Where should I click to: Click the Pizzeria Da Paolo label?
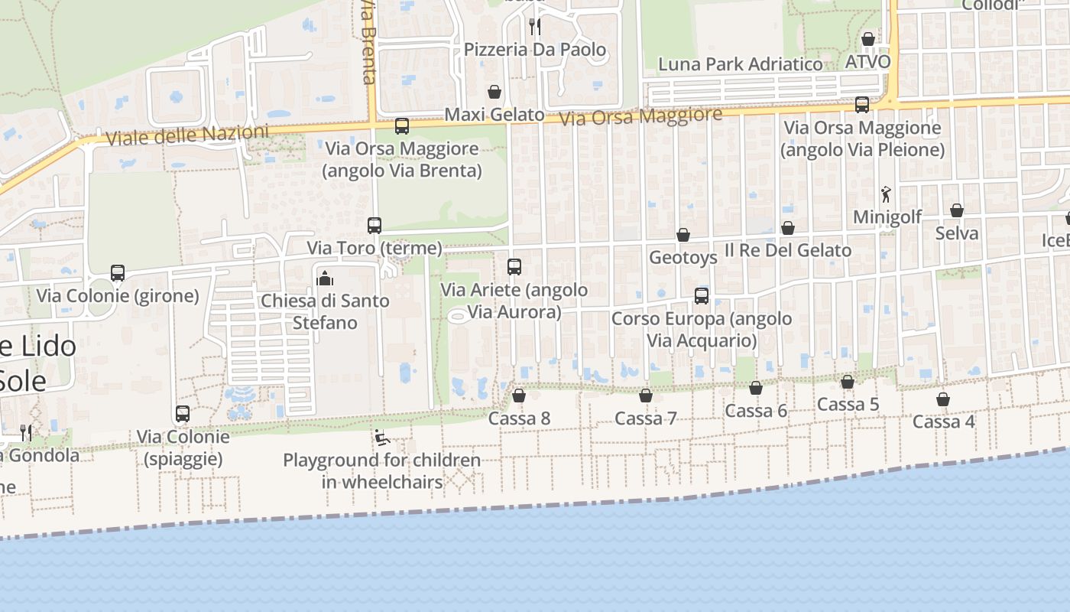[x=535, y=50]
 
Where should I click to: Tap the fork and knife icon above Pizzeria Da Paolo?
[x=535, y=27]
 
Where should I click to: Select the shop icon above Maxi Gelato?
[x=494, y=93]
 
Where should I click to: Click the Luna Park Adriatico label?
[x=740, y=64]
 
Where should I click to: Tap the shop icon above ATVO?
[x=868, y=39]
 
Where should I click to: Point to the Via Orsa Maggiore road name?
[x=640, y=117]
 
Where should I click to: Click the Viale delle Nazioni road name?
[x=187, y=135]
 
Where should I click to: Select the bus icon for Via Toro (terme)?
[x=374, y=226]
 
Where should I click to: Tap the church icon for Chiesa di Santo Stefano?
[x=325, y=278]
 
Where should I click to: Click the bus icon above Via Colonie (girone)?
[x=118, y=273]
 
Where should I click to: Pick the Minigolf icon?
[x=887, y=194]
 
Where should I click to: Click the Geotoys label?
[x=683, y=258]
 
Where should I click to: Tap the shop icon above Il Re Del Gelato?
[x=788, y=228]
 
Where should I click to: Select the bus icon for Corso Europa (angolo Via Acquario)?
[x=702, y=295]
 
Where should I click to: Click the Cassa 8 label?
[x=519, y=418]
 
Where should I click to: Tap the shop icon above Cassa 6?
[x=756, y=389]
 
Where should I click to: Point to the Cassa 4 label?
[x=943, y=422]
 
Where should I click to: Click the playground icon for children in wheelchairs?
[x=381, y=438]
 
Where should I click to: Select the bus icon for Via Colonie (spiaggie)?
[x=183, y=414]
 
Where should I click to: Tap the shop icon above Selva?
[x=957, y=210]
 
